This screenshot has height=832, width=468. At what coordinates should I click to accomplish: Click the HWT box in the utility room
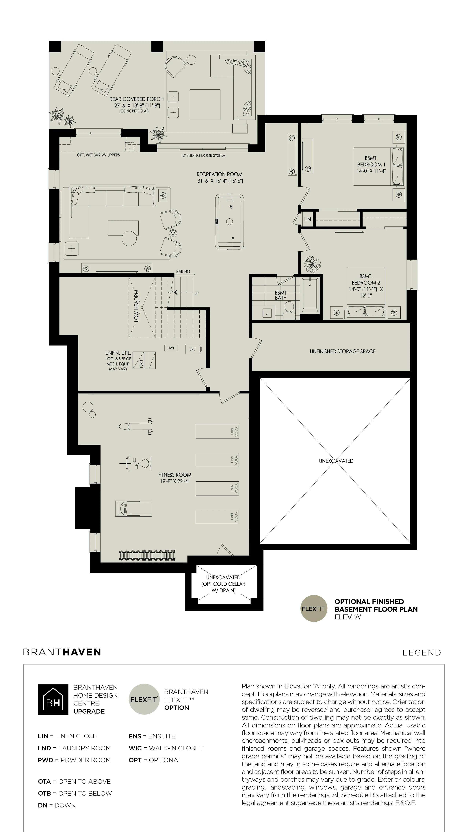tap(171, 348)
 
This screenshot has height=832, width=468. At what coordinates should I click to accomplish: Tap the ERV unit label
tap(192, 349)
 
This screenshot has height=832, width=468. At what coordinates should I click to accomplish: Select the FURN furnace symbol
tap(144, 360)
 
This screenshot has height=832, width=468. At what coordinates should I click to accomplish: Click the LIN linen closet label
tap(307, 219)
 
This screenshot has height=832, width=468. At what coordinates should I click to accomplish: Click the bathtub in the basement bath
tap(310, 295)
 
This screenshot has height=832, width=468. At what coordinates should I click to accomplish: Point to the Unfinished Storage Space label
tap(343, 351)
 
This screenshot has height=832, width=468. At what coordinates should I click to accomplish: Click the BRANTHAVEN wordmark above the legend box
tap(62, 652)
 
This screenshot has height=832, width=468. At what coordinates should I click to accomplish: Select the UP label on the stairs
tap(196, 293)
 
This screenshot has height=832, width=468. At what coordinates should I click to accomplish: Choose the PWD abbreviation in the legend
tap(45, 760)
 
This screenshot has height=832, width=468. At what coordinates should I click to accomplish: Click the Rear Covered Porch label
tap(137, 99)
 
